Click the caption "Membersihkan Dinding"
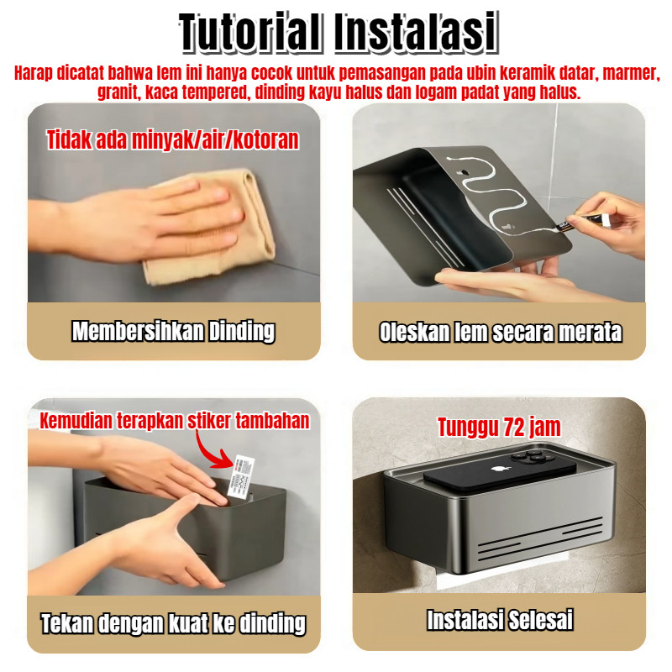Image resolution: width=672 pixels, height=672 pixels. click(x=174, y=331)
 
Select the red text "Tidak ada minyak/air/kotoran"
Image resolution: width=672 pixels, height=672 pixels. click(x=172, y=139)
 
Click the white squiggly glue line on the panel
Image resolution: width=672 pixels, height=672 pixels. click(x=493, y=193)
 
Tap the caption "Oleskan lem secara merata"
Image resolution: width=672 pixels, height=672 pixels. click(x=500, y=332)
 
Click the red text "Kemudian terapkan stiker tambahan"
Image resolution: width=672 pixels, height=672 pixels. click(x=175, y=421)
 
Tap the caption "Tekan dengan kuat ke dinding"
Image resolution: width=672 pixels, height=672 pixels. click(x=174, y=623)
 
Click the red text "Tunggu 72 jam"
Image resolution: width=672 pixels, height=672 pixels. click(x=499, y=427)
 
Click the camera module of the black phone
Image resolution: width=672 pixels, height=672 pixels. click(x=533, y=457)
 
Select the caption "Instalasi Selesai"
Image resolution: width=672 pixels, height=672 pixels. click(x=500, y=620)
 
